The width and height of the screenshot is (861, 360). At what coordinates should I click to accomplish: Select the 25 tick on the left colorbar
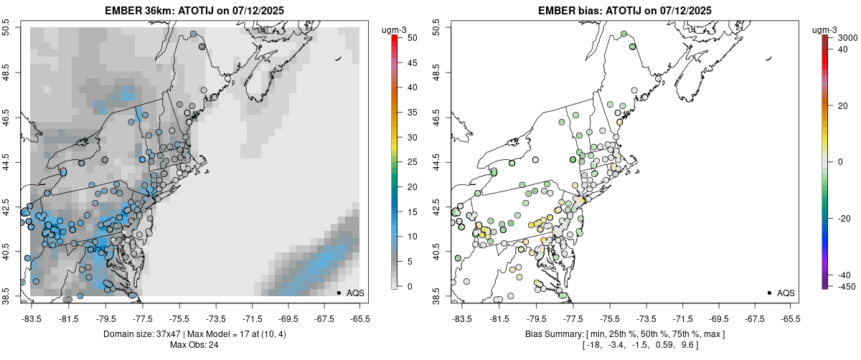pos(408,162)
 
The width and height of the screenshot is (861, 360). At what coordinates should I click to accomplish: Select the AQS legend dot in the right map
pos(768,293)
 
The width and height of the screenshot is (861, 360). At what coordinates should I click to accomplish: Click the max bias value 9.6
pos(687,345)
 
